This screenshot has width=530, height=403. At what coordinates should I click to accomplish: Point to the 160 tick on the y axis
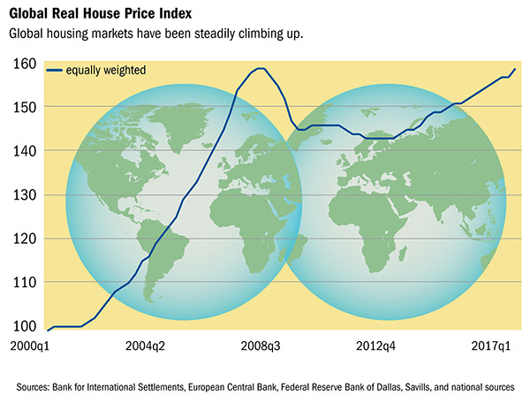point(24,64)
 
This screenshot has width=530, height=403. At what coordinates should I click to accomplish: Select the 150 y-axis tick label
point(24,107)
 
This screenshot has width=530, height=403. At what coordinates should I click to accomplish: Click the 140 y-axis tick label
point(24,151)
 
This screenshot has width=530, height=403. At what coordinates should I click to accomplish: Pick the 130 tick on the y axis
point(24,194)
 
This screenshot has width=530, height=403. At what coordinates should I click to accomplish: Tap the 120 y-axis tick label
point(24,239)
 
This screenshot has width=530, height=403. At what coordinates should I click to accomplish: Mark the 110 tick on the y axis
point(24,282)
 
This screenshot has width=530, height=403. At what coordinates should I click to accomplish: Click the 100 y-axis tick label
point(24,326)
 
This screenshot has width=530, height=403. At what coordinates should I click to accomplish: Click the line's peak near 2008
point(260,68)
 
